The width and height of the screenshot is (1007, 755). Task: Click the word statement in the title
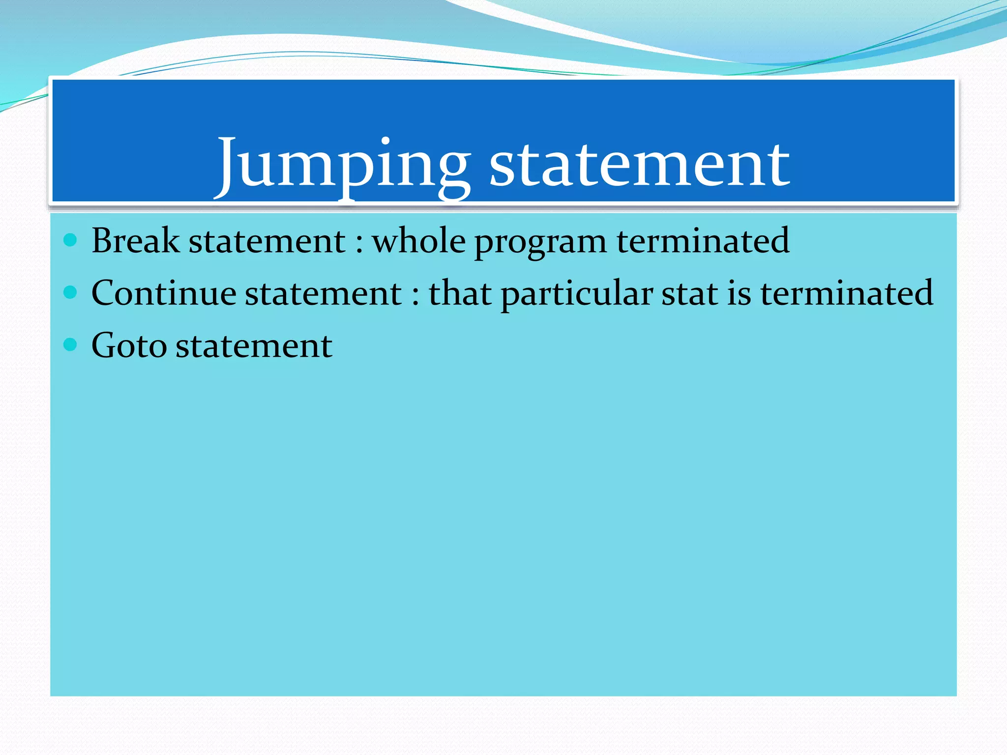coord(639,165)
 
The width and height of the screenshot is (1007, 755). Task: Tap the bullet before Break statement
coord(71,240)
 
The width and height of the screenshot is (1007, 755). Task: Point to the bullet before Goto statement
coord(71,345)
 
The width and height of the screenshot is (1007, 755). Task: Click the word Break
coord(135,241)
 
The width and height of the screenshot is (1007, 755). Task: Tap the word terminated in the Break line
coord(703,241)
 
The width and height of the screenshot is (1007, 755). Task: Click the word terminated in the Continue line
coord(846,293)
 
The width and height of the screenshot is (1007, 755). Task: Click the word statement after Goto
coord(254,346)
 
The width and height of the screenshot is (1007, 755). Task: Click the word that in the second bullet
coord(460,293)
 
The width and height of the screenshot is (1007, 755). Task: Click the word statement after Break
coord(267,241)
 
